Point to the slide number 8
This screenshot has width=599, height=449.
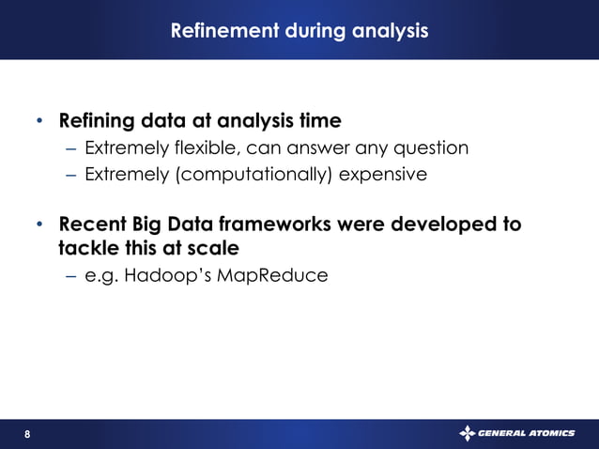27,434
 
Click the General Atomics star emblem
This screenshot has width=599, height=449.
467,433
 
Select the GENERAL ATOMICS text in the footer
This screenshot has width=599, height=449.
526,434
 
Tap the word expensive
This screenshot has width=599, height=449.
385,175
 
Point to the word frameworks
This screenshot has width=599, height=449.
280,225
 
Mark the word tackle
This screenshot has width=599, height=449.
85,248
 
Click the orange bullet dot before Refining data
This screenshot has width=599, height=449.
39,122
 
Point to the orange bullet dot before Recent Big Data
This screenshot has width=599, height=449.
39,226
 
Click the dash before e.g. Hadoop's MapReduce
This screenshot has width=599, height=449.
72,277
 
